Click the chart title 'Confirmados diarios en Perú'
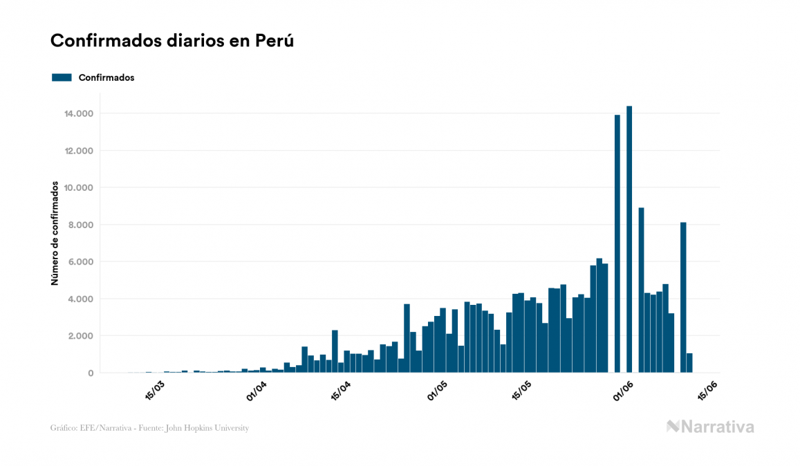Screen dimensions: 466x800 172,41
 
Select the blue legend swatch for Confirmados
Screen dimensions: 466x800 62,77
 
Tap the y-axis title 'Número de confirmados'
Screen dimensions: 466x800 54,233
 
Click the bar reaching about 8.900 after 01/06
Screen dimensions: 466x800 642,290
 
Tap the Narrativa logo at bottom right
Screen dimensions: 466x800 710,427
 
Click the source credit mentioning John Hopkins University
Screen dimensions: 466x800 149,428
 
